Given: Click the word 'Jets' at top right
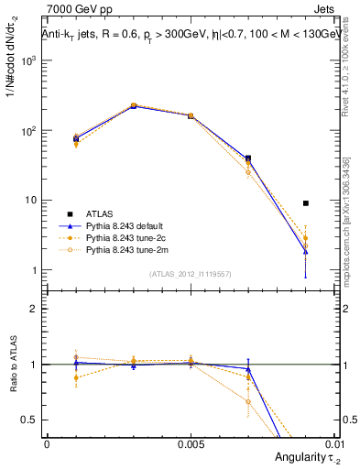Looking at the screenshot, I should (325, 8).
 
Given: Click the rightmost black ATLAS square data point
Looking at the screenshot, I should (305, 203).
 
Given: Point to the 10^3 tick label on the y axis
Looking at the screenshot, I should (30, 60).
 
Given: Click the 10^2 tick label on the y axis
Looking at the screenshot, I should (30, 131).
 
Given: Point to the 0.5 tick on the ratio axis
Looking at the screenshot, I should (33, 420).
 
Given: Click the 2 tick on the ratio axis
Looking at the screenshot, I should (36, 309).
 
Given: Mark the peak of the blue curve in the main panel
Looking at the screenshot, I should (134, 106).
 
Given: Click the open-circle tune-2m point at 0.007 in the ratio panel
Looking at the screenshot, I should (248, 401).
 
